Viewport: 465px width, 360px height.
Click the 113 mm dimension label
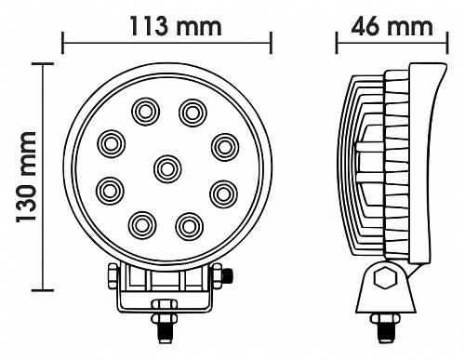(176, 27)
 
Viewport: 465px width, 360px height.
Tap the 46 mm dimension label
(392, 27)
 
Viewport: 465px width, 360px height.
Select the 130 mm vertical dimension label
(27, 177)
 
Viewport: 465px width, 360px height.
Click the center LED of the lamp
(167, 169)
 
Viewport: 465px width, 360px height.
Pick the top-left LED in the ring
(146, 112)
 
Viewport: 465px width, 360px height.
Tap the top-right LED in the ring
(193, 113)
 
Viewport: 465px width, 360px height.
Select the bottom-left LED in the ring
(142, 225)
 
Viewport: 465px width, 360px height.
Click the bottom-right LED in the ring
(189, 226)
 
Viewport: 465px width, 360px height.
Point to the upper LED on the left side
(112, 144)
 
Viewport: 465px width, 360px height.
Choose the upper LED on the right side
(225, 148)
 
